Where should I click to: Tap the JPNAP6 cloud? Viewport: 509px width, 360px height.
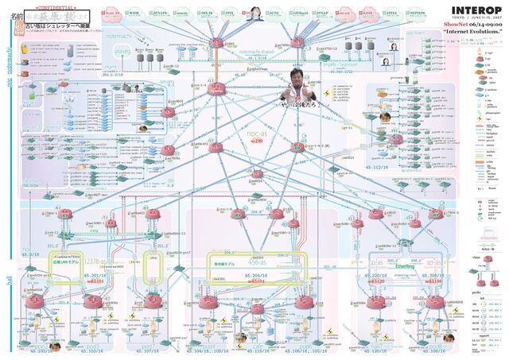157,14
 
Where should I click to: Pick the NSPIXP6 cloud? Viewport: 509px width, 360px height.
416,14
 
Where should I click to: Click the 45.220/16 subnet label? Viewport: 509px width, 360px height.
374,274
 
